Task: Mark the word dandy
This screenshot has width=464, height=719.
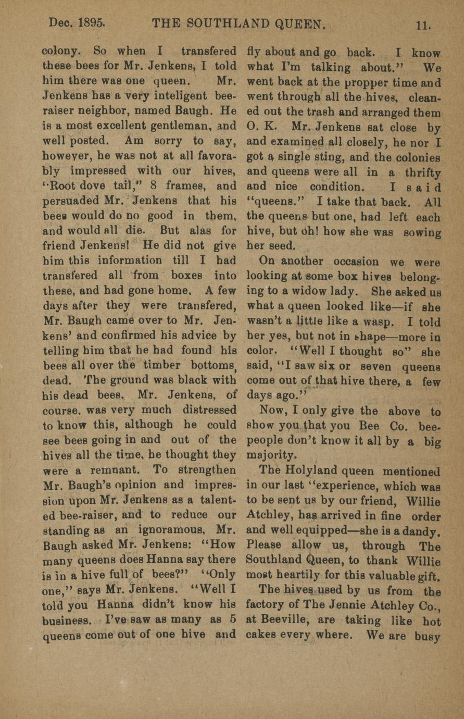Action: [x=422, y=532]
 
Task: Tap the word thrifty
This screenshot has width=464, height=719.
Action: [x=422, y=172]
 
